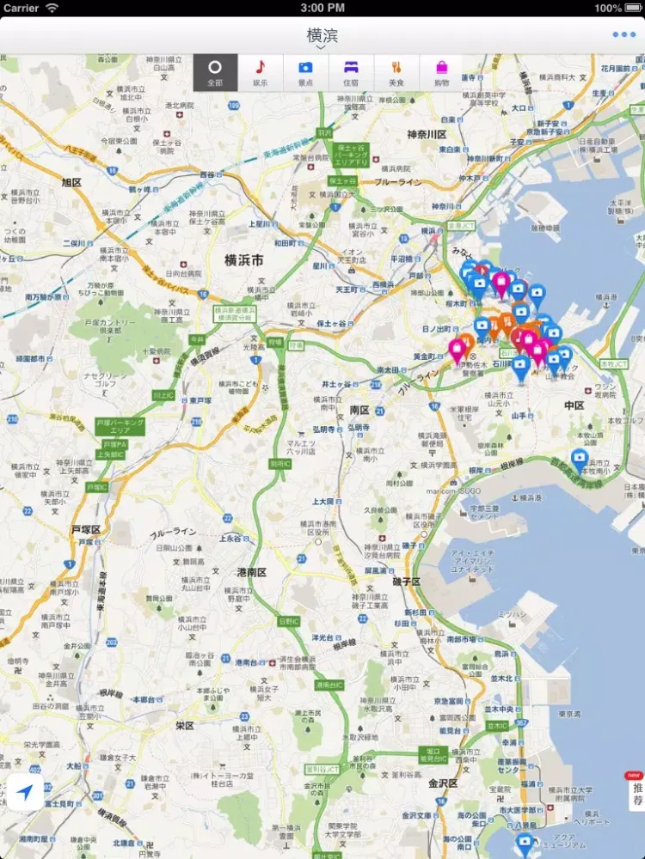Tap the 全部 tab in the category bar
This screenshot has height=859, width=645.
(x=215, y=72)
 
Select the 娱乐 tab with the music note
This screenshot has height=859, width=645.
(x=260, y=72)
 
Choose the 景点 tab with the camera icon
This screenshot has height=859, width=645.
(x=305, y=72)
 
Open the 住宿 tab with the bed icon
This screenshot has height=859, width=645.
(x=351, y=72)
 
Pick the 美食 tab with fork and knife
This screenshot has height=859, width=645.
(x=396, y=72)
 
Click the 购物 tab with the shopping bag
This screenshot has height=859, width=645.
(x=441, y=72)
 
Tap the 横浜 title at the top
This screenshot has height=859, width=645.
(x=322, y=36)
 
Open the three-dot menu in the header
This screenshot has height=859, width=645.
(x=623, y=35)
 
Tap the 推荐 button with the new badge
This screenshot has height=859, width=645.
(x=636, y=792)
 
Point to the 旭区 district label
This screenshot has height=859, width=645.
(x=71, y=182)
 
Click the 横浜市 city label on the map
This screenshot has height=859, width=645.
(x=243, y=259)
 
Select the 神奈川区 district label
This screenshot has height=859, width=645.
(x=427, y=135)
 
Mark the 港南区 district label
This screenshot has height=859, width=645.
(x=251, y=572)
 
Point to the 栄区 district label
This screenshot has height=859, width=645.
(x=185, y=725)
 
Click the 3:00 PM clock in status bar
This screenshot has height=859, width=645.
(x=322, y=8)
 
